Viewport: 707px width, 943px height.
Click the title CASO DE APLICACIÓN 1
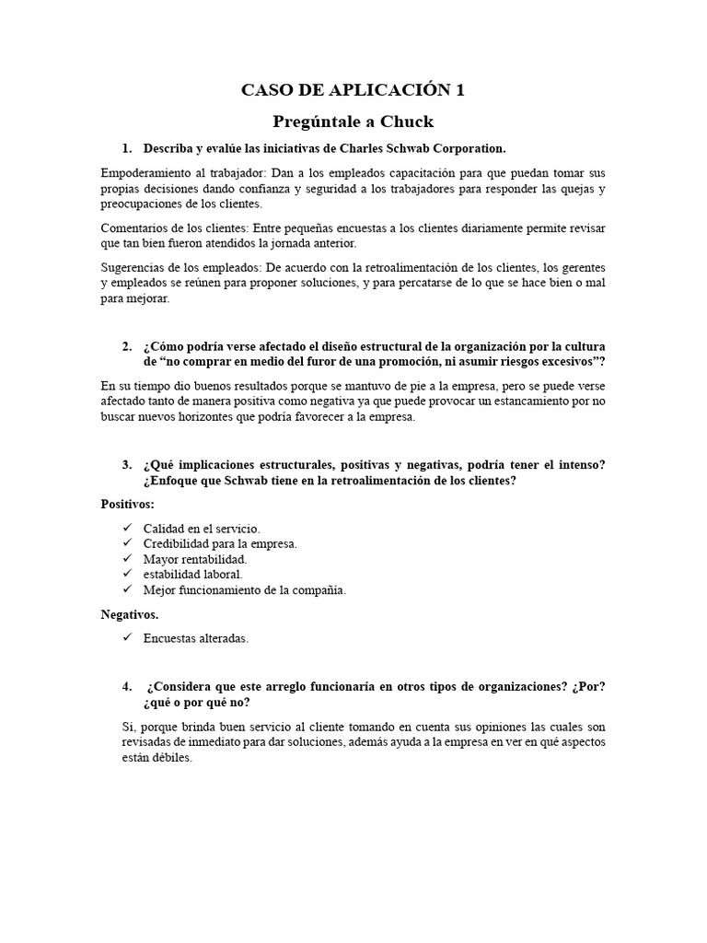point(353,89)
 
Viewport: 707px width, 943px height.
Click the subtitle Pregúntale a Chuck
point(353,122)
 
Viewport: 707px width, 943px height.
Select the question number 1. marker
point(127,148)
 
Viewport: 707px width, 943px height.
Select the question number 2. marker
point(127,346)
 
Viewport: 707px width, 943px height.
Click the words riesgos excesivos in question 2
point(543,362)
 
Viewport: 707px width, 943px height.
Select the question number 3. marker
point(127,464)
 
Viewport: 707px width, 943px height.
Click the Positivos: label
point(128,504)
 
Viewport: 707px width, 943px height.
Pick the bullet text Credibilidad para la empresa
point(220,543)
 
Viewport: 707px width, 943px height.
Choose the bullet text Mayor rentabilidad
point(195,559)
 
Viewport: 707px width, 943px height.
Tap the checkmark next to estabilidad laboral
point(127,575)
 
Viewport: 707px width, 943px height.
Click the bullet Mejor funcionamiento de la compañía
point(245,590)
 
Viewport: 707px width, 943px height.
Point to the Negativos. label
point(129,614)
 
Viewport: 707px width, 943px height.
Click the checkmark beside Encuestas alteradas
point(127,637)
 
